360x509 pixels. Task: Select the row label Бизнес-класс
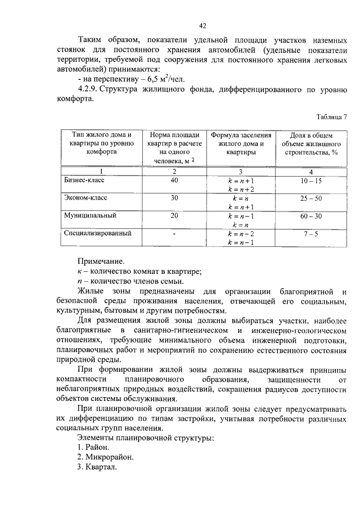(84, 181)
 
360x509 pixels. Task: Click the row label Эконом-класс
(85, 198)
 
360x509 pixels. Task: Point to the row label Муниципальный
(90, 215)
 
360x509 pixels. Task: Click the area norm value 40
(174, 181)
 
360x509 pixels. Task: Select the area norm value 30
(174, 198)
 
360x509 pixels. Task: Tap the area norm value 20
(174, 215)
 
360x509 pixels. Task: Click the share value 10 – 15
(311, 181)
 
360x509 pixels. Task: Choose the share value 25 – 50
(311, 198)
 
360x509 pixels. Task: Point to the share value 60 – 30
(311, 215)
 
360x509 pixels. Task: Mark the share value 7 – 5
(311, 233)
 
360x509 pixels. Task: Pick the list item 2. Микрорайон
(105, 457)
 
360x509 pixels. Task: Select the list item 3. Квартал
(97, 467)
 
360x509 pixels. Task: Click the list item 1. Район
(93, 447)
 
